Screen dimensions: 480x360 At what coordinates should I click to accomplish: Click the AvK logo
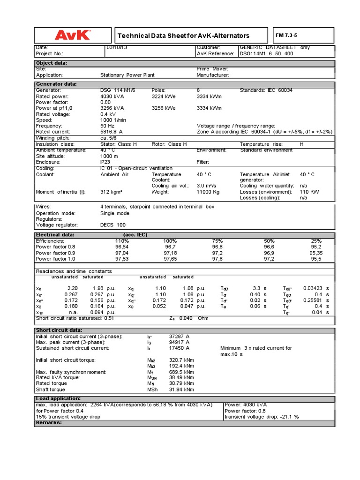tap(73, 35)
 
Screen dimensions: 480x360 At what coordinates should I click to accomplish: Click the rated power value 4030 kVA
tap(112, 96)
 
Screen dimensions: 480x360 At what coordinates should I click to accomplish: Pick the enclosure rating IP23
tap(106, 162)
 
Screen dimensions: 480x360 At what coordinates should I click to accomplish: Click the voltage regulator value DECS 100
tap(113, 225)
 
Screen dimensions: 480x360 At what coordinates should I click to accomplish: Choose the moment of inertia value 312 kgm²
tap(112, 192)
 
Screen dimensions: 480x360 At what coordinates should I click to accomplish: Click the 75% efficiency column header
tap(217, 240)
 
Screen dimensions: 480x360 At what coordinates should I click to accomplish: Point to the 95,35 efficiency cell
tap(316, 252)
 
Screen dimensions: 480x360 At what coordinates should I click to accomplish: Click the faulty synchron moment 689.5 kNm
tap(182, 372)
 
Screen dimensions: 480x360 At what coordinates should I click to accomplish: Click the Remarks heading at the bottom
tap(49, 422)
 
